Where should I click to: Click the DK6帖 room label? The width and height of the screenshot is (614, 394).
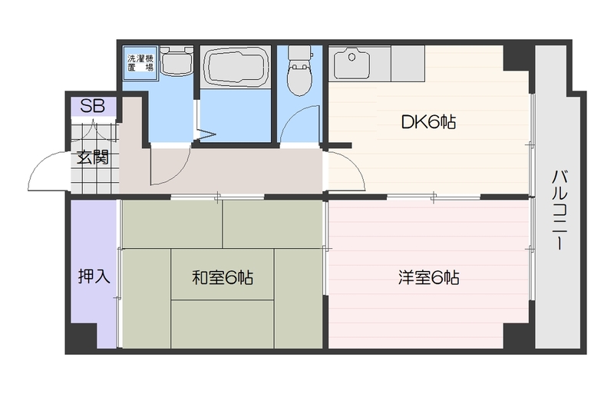click(428, 122)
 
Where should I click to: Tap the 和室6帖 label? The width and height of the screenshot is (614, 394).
click(223, 277)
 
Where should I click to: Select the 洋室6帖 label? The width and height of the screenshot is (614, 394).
click(429, 277)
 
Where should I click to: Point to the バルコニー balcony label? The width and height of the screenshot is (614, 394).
click(560, 210)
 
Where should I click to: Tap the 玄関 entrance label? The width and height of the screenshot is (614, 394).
click(92, 157)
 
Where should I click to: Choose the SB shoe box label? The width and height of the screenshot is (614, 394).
click(93, 106)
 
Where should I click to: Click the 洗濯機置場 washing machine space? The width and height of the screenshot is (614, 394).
click(140, 63)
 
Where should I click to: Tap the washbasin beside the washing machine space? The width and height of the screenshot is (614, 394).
click(177, 61)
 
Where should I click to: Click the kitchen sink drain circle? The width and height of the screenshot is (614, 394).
click(352, 58)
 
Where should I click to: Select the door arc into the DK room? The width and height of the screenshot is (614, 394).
click(354, 164)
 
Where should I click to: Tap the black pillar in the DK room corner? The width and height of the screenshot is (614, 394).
click(517, 58)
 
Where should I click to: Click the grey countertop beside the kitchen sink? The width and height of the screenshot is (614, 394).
click(408, 64)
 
